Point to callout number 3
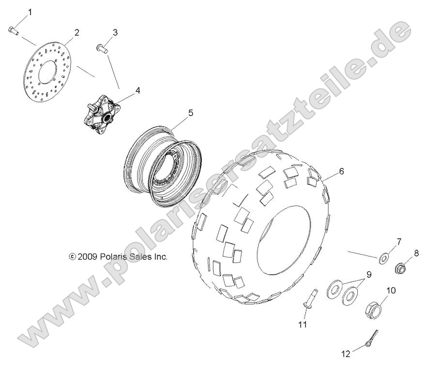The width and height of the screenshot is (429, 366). coord(115,32)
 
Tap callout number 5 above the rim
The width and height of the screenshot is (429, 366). coord(177,113)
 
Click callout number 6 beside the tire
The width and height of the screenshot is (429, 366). coord(341,171)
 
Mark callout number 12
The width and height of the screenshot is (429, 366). coord(345,354)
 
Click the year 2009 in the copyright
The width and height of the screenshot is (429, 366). coord(88,257)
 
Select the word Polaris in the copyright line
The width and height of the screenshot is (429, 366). coord(115,257)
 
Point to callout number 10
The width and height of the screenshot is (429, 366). coord(391,290)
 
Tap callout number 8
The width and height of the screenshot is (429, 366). coord(416,252)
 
